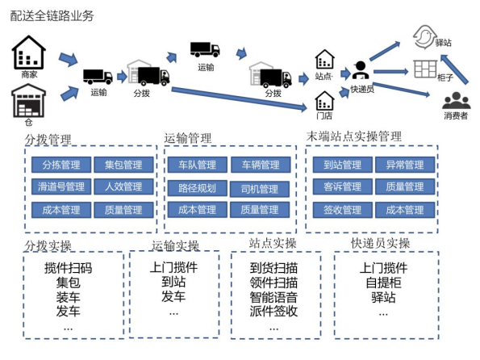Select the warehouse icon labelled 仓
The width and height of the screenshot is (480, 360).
tap(29, 103)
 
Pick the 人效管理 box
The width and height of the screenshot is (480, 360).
tap(123, 187)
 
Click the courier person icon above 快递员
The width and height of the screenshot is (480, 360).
tap(360, 70)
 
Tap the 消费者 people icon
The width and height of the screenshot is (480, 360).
tap(456, 101)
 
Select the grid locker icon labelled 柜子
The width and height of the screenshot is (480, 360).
tap(425, 69)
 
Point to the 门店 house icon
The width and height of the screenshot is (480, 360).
tap(324, 100)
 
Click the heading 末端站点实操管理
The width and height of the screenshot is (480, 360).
tap(354, 136)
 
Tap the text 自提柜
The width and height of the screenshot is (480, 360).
tap(383, 283)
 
